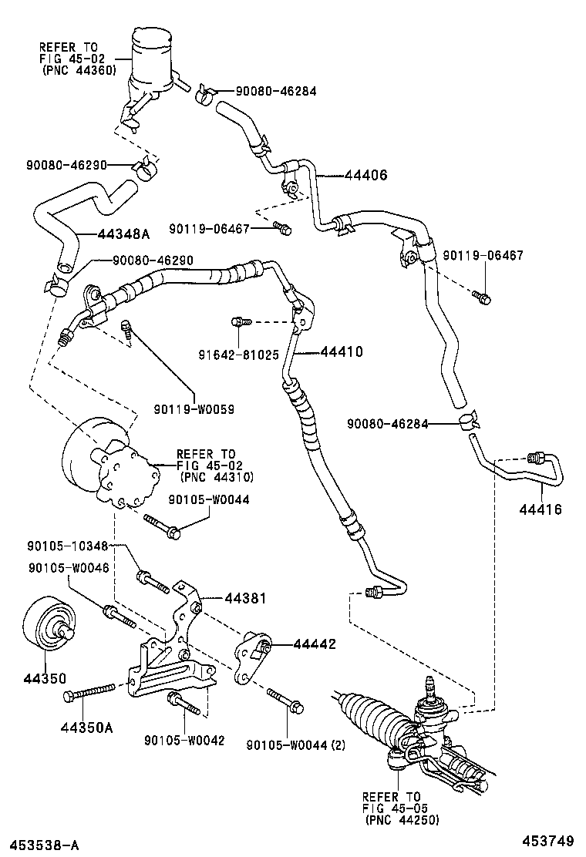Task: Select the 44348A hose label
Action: [125, 234]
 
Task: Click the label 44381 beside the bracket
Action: [247, 597]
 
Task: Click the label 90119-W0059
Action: [194, 410]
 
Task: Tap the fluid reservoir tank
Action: [151, 62]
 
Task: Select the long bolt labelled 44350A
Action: [90, 691]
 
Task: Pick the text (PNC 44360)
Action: [79, 70]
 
